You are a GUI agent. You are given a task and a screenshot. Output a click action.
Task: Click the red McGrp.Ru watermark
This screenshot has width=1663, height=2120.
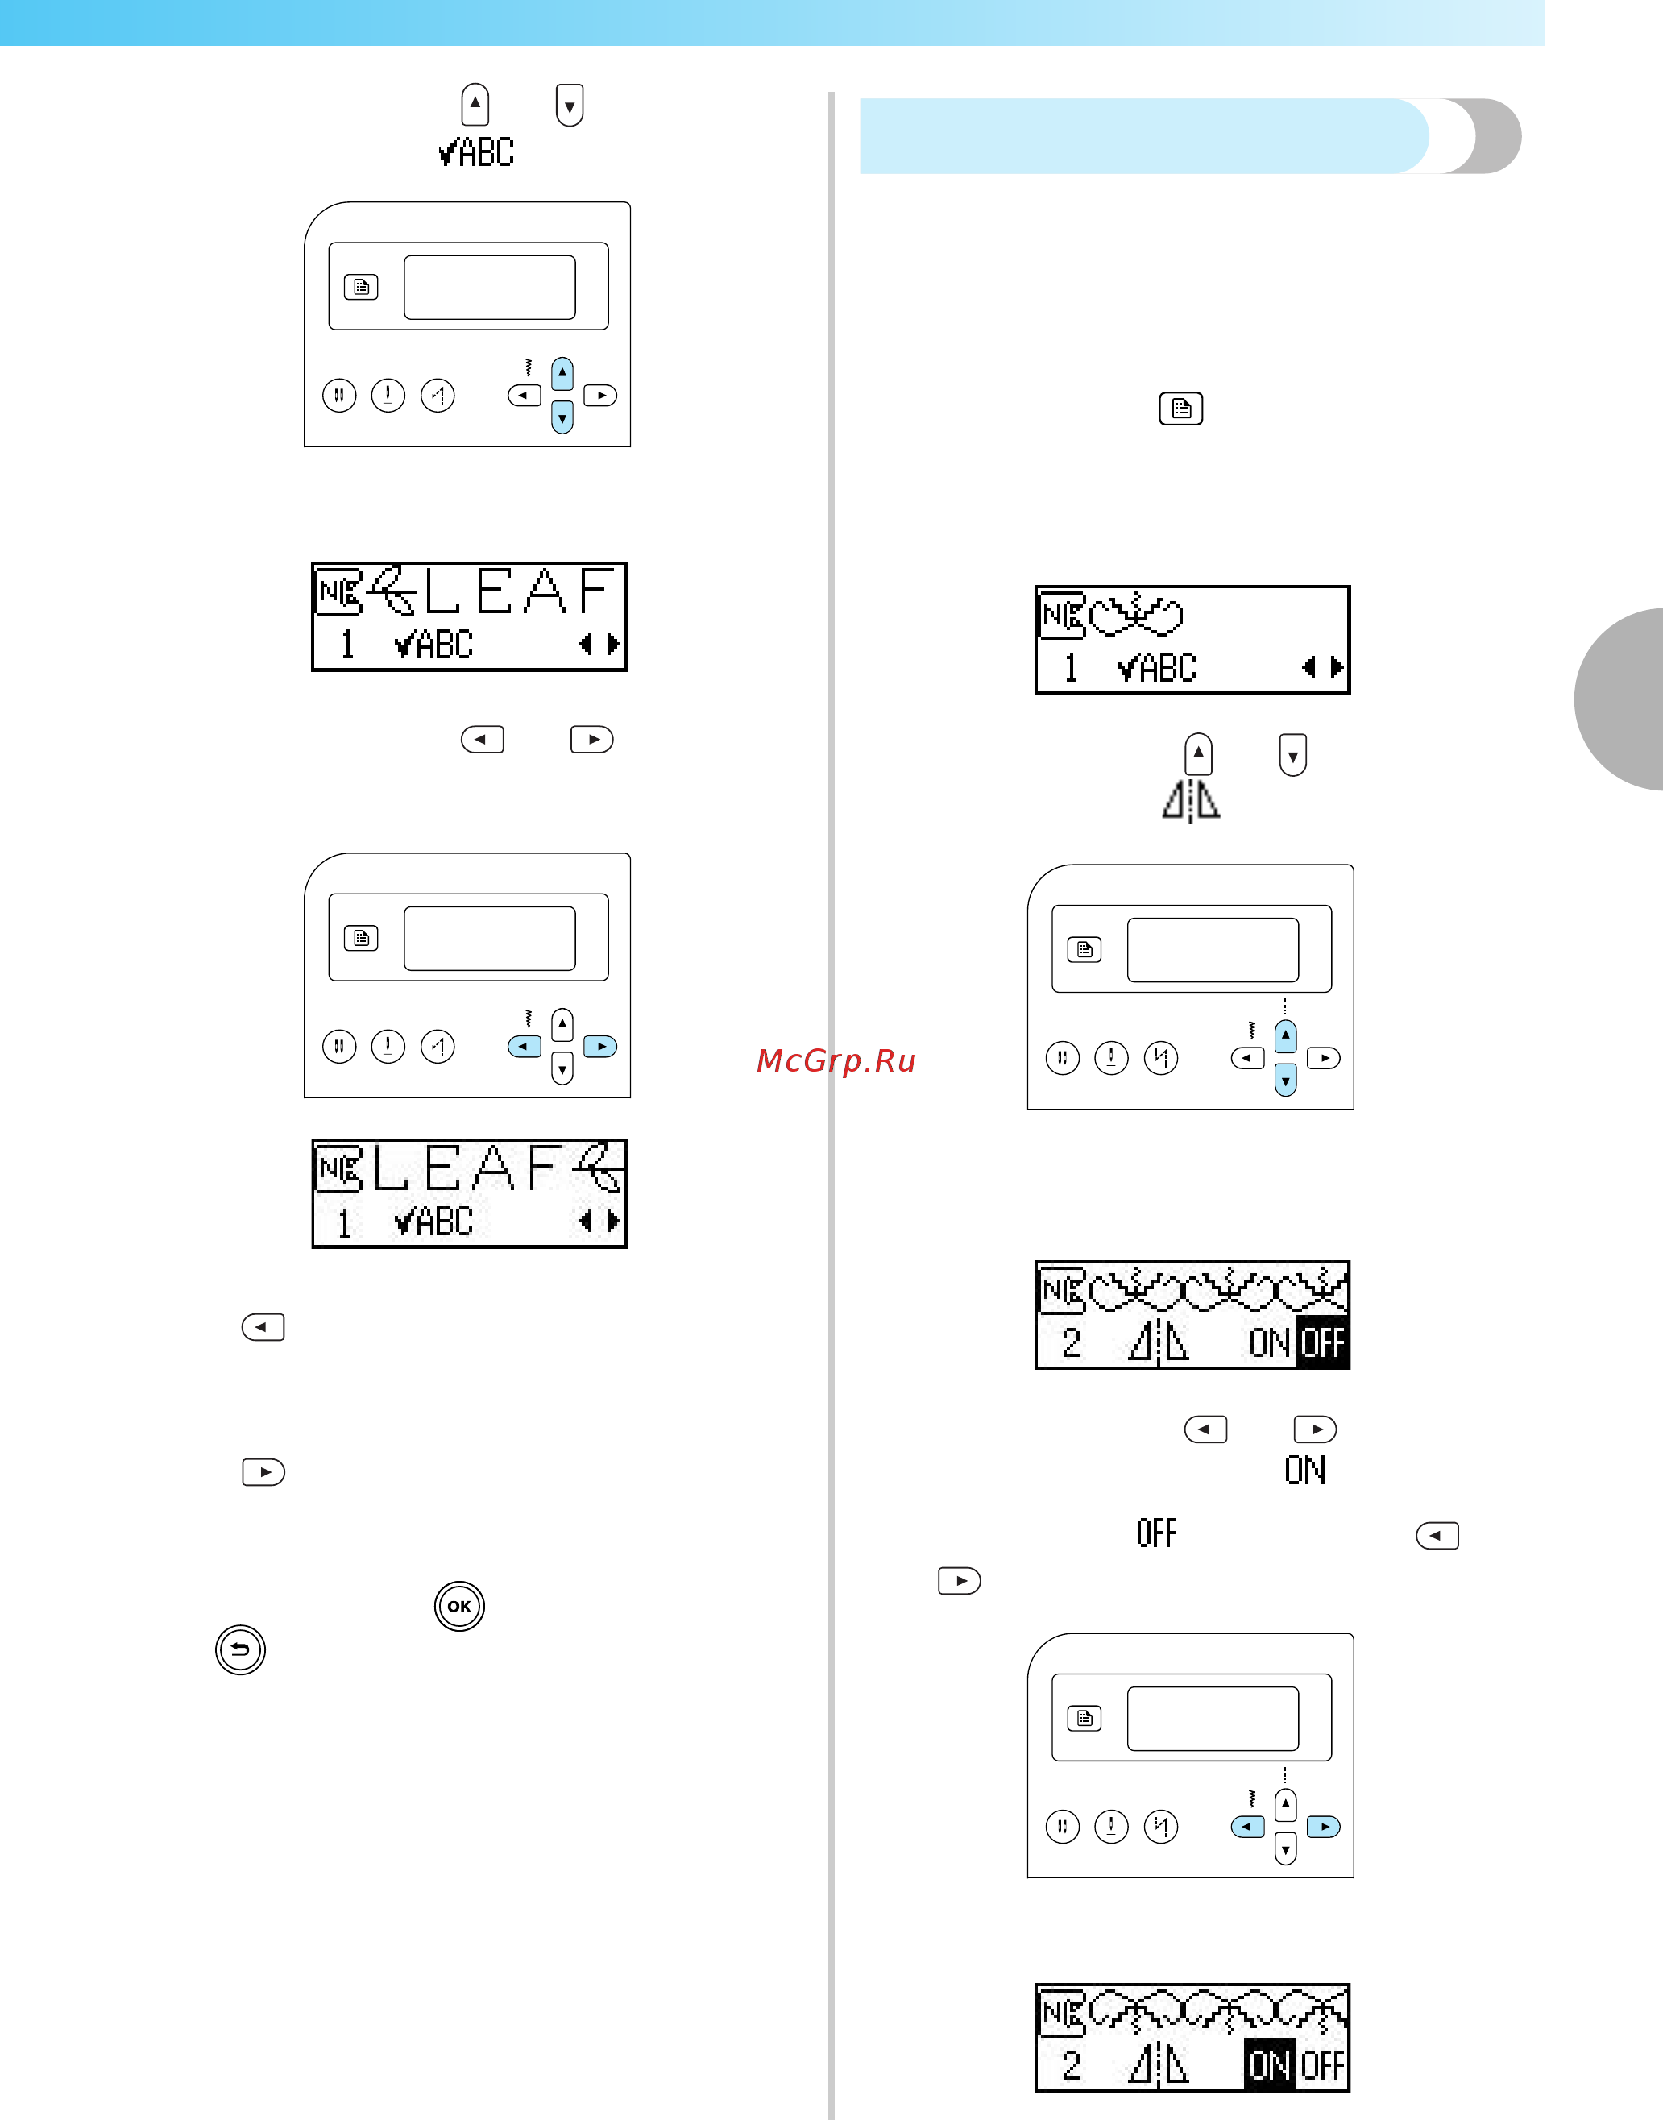pos(836,1060)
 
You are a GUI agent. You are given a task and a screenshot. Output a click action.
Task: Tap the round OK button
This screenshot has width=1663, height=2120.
pos(459,1606)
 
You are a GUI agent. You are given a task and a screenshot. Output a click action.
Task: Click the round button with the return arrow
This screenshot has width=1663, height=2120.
pos(240,1649)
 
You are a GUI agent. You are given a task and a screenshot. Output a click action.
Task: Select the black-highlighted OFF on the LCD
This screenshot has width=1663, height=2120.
pos(1322,1344)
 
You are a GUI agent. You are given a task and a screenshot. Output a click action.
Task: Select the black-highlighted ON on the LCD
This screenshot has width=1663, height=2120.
pos(1270,2064)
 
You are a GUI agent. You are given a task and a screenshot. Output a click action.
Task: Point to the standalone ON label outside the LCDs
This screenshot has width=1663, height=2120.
pos(1304,1470)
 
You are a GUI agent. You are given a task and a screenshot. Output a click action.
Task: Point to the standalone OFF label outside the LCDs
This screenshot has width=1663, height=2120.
pos(1157,1533)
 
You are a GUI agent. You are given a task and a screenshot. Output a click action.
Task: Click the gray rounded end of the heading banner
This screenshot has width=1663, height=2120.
pos(1489,136)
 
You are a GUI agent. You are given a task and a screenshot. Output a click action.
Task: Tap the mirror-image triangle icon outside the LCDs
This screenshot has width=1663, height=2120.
pos(1191,800)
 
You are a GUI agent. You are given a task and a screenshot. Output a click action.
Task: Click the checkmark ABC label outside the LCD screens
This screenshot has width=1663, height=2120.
pos(476,152)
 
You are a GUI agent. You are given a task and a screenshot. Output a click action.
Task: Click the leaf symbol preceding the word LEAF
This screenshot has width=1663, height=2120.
pos(393,590)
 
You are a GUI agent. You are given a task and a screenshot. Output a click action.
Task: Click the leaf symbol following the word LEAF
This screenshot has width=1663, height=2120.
pos(599,1167)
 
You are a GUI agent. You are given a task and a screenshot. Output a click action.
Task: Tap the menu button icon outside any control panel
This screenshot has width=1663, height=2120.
pos(1181,409)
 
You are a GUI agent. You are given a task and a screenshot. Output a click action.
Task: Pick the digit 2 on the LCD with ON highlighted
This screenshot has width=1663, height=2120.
pos(1071,2064)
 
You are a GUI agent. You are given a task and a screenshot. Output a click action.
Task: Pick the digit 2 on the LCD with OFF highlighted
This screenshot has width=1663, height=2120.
pos(1071,1343)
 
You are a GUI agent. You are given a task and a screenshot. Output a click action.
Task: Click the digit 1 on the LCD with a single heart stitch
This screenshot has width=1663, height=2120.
pos(1071,668)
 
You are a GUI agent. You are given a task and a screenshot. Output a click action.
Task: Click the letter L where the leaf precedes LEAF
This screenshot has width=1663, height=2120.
pos(442,591)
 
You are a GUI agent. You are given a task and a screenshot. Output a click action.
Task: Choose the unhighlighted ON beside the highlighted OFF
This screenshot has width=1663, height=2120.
pos(1270,1344)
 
